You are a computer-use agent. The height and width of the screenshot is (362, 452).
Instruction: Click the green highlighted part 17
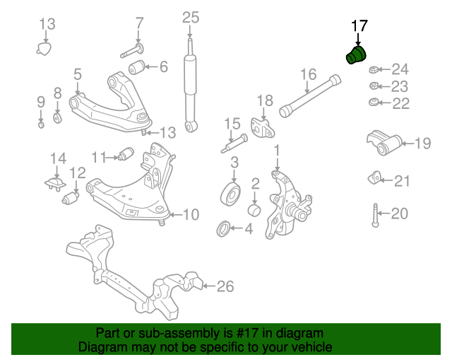click(x=359, y=56)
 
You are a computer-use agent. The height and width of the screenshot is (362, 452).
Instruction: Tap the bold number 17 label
click(x=359, y=26)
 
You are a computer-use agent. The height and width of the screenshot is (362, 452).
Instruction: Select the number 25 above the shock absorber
click(x=191, y=17)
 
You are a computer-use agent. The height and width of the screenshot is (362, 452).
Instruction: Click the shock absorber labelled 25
click(x=190, y=88)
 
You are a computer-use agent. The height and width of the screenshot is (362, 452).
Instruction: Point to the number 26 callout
click(x=225, y=286)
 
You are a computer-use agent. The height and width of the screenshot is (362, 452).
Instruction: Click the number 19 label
click(x=422, y=144)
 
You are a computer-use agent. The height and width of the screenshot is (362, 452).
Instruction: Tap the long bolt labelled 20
click(x=374, y=214)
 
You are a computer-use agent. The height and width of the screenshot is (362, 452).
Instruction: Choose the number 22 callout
click(x=401, y=104)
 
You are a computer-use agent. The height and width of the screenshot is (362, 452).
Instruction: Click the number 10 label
click(x=191, y=214)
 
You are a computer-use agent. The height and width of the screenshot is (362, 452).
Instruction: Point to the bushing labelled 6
click(x=137, y=68)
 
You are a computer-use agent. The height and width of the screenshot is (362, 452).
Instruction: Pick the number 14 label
click(x=57, y=158)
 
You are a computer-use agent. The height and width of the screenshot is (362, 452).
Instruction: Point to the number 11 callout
click(x=98, y=156)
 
